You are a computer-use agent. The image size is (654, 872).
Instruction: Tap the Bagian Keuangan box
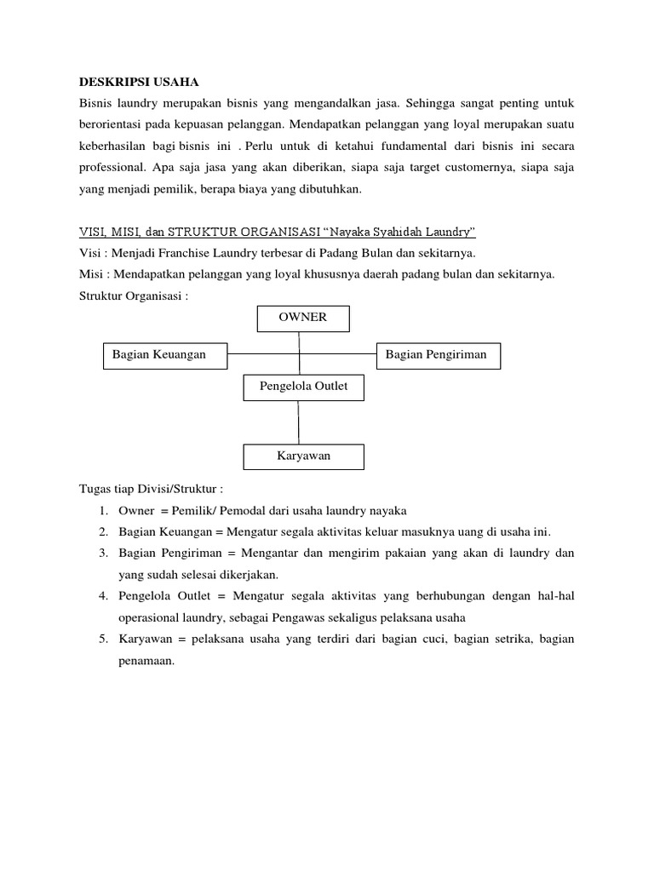pos(165,355)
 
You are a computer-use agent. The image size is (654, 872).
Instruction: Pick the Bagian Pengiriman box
pos(438,355)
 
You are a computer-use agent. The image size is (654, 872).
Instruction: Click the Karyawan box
pos(303,456)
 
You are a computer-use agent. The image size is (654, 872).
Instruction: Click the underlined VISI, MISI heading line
pos(276,232)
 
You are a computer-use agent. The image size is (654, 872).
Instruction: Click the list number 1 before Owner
pos(101,511)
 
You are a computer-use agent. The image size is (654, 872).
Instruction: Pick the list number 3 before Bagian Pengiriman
pos(101,553)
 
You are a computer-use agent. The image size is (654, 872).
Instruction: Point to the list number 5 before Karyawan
pos(101,639)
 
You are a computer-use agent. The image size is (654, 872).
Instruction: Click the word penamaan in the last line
pos(146,660)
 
